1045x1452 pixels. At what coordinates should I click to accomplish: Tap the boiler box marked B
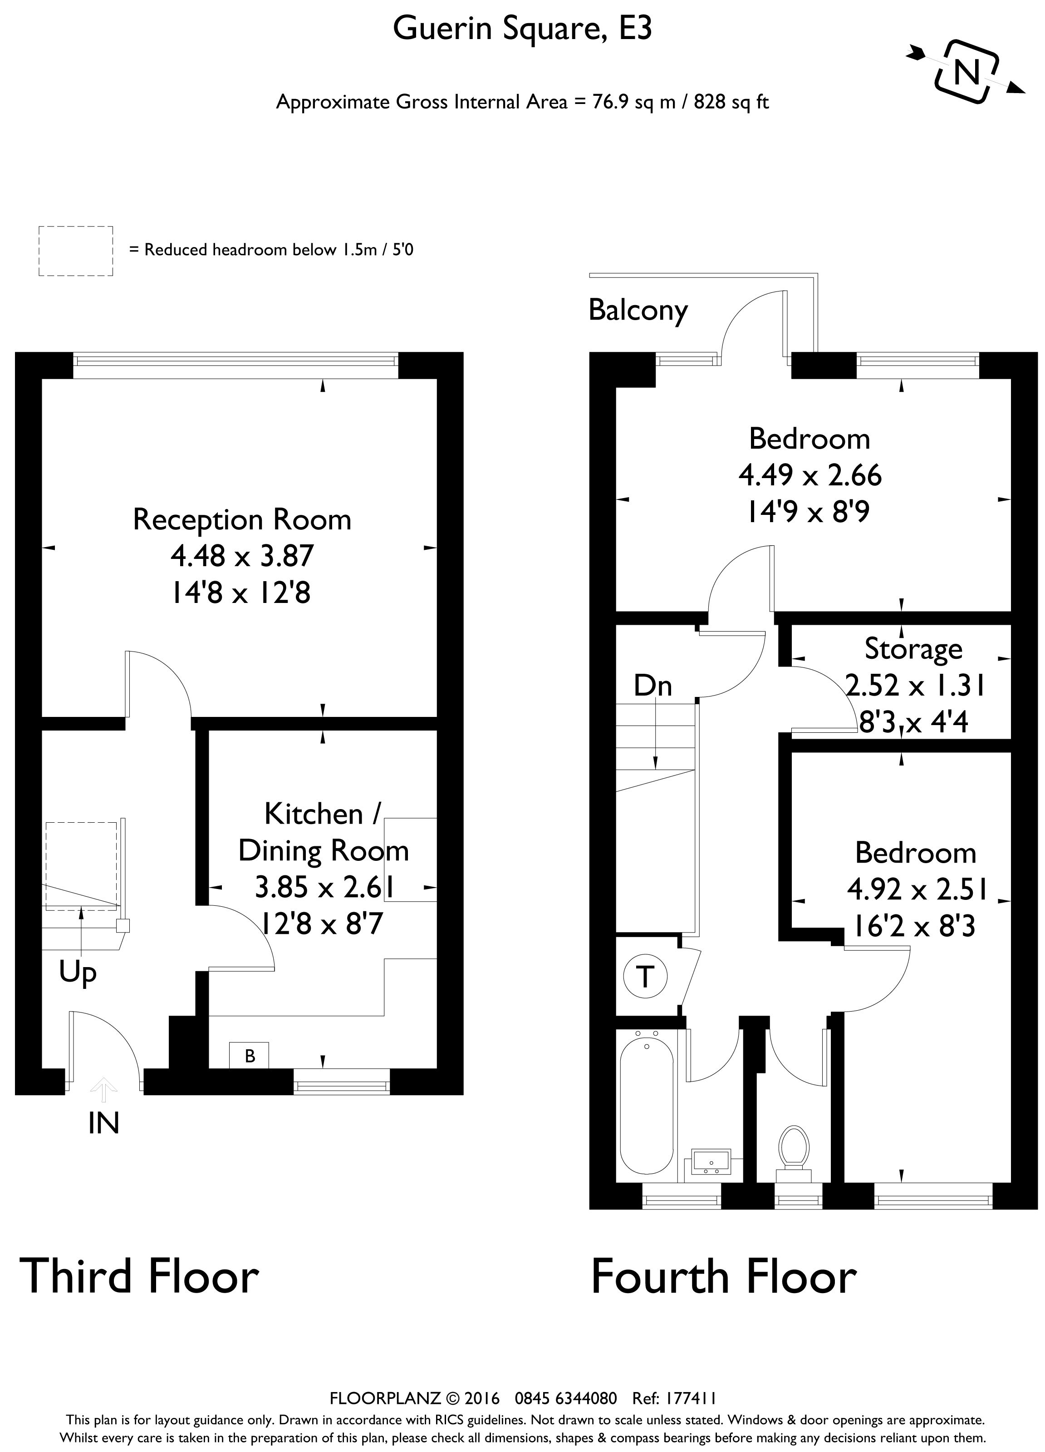(250, 1055)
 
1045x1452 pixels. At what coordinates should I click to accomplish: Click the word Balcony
(638, 311)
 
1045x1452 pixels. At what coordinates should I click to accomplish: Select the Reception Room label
(242, 519)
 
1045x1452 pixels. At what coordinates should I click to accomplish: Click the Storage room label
(913, 648)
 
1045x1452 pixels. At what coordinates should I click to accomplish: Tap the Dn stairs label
(653, 686)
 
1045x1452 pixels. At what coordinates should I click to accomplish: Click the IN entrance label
(103, 1123)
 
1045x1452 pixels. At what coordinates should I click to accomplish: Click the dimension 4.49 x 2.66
(810, 475)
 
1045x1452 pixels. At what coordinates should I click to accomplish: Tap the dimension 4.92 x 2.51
(917, 889)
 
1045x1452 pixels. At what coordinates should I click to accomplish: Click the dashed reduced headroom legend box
(75, 251)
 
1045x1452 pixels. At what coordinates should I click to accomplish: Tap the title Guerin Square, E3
(522, 29)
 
